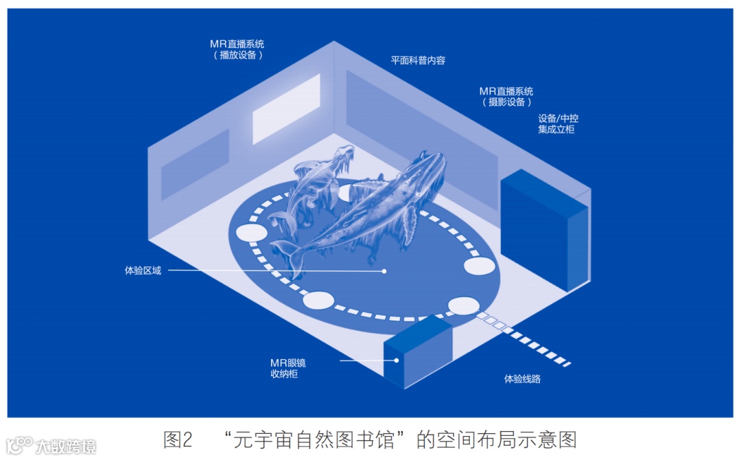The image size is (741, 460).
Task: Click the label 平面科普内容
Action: click(x=418, y=60)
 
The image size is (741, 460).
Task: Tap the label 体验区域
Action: click(x=143, y=271)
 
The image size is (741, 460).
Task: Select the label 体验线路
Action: click(x=522, y=378)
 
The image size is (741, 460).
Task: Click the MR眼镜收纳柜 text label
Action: click(x=288, y=369)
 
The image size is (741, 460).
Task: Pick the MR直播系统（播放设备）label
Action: click(x=237, y=49)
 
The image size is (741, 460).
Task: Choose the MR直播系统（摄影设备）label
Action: click(x=506, y=96)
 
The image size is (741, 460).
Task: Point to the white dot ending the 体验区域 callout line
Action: click(x=384, y=271)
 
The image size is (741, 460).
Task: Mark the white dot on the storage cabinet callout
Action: click(x=396, y=359)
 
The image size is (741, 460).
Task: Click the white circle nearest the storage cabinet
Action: click(x=463, y=306)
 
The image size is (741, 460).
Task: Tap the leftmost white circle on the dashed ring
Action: click(x=251, y=232)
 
